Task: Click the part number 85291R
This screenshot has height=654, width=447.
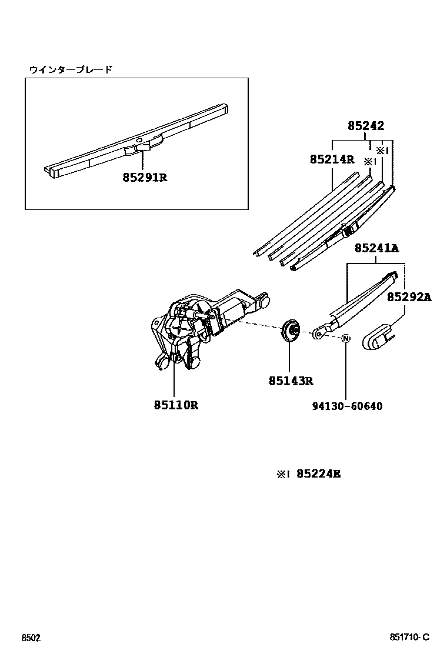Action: point(145,176)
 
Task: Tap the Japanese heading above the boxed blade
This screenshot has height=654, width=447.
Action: point(71,69)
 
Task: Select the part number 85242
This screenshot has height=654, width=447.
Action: point(365,125)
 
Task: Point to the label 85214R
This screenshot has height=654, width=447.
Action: point(332,159)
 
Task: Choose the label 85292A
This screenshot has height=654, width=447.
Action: point(409,297)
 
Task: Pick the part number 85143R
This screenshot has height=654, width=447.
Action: point(291,381)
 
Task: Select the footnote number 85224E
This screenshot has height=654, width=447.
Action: point(318,473)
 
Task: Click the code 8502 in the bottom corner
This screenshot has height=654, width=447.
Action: point(31,638)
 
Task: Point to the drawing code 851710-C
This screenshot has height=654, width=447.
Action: point(409,638)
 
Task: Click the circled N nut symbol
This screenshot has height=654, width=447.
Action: point(346,338)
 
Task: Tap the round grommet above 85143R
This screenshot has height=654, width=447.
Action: point(291,331)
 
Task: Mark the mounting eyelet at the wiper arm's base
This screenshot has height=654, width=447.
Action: point(318,334)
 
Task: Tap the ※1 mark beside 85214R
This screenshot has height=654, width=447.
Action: point(369,161)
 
